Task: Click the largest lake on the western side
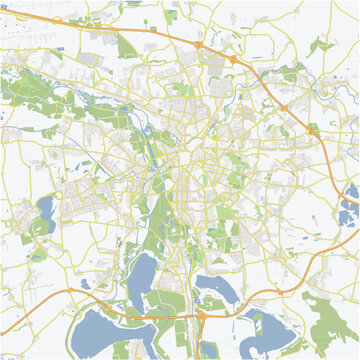pos(45,211)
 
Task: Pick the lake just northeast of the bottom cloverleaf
pos(212,289)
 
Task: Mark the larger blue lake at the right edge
pos(349,212)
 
